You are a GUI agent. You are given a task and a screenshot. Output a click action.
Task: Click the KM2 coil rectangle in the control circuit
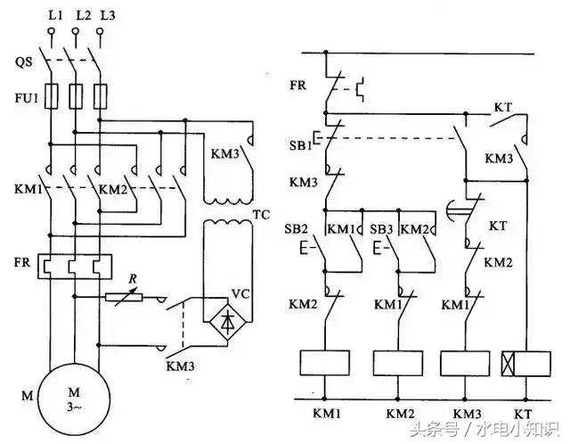(x=397, y=363)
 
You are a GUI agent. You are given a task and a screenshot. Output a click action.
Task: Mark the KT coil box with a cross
(x=525, y=363)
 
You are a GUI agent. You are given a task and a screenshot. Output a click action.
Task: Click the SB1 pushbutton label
(x=301, y=145)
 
